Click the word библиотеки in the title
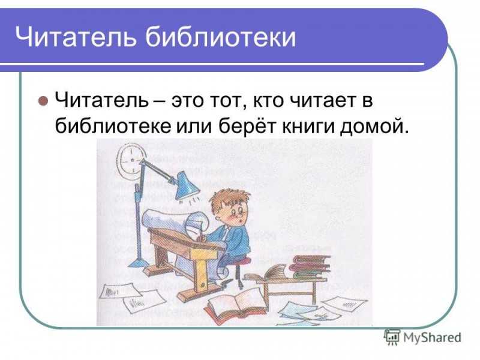pos(220,37)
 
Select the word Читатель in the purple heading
pos(76,37)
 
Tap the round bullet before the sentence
pos(43,100)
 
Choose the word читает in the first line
pos(319,100)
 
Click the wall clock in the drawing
pos(130,161)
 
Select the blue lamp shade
pos(187,185)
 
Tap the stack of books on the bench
pos(310,266)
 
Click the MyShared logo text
pos(432,337)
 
